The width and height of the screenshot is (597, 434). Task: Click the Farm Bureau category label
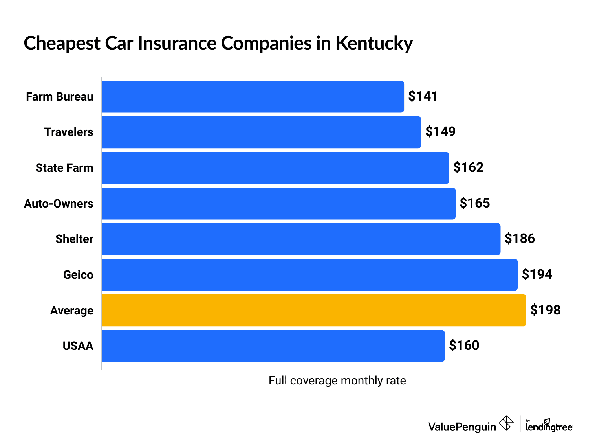(60, 97)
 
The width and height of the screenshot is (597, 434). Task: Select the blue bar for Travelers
(262, 132)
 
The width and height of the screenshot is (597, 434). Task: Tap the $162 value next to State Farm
(468, 167)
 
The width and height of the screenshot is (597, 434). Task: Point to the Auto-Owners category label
(59, 204)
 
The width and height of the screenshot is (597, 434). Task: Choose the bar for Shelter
(301, 239)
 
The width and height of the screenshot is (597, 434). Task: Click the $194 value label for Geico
(537, 274)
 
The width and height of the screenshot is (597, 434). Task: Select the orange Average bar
(314, 310)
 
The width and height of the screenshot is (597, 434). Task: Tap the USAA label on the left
(78, 346)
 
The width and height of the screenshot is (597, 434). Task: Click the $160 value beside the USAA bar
(464, 345)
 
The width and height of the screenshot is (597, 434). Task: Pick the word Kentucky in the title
(374, 43)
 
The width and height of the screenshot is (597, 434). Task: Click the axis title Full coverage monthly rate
(337, 381)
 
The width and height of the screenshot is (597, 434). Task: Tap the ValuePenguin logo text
(462, 427)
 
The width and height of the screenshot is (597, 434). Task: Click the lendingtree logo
(549, 426)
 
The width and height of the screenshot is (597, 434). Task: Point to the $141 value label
(423, 96)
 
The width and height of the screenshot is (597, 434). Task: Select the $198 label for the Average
(545, 310)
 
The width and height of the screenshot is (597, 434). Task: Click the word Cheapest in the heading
(62, 43)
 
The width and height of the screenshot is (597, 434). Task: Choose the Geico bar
(309, 275)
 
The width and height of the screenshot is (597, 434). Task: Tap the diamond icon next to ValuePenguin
(506, 423)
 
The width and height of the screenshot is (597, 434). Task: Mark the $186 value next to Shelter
(520, 238)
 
